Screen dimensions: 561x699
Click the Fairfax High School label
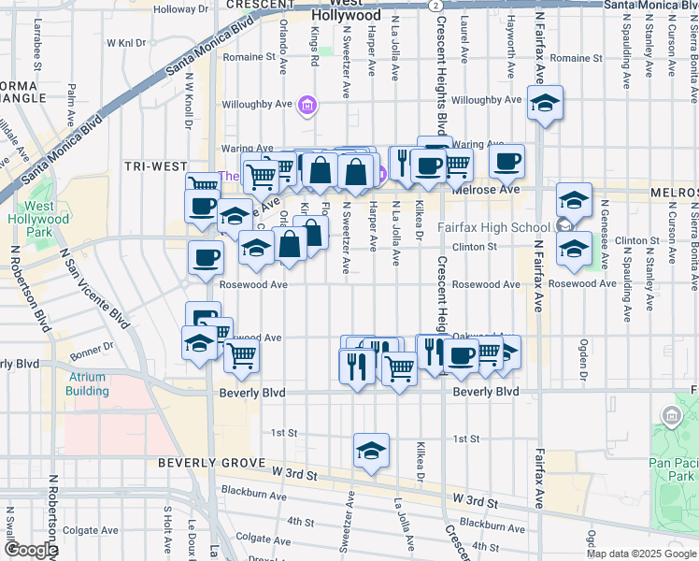click(x=493, y=227)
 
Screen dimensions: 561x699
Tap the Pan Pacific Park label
click(x=673, y=461)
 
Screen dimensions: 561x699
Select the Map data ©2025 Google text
click(x=641, y=554)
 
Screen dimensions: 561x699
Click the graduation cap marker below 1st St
click(x=371, y=451)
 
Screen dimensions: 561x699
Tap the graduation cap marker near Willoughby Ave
click(x=545, y=103)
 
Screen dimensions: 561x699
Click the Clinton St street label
click(x=475, y=247)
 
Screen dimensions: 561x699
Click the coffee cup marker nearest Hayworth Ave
click(x=506, y=161)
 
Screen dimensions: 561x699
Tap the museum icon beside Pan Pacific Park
click(x=670, y=415)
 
